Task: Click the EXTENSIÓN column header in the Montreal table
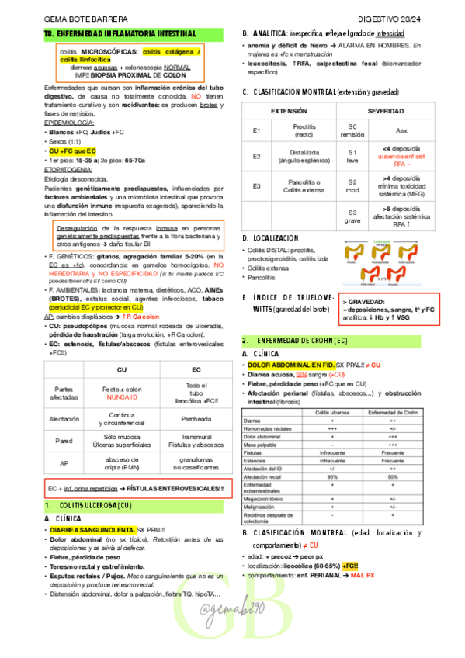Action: tap(288, 112)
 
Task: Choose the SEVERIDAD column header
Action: tap(385, 112)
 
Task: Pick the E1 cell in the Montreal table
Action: tap(257, 130)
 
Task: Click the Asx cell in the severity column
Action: tap(401, 130)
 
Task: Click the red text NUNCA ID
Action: tap(121, 397)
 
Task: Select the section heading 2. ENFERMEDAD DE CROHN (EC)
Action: tap(290, 340)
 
